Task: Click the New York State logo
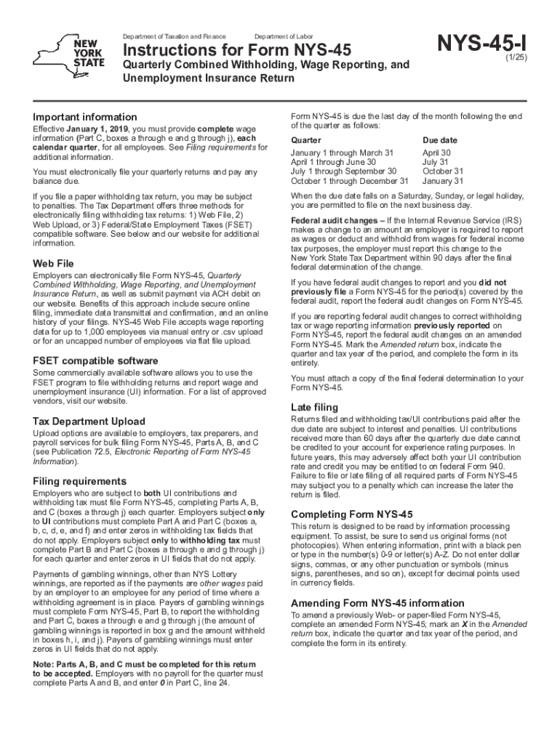coord(73,53)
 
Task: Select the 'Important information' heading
coord(85,117)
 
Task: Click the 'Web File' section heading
coord(54,262)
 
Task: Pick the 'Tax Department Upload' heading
coord(89,421)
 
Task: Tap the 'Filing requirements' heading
coord(80,481)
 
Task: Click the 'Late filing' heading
coord(315,407)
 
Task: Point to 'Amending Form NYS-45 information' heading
coord(377,603)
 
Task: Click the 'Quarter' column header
coord(305,139)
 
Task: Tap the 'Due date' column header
coord(440,139)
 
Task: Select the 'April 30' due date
coord(436,153)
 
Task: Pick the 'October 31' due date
coord(442,171)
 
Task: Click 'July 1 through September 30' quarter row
coord(344,171)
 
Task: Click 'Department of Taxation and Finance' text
coord(174,36)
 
